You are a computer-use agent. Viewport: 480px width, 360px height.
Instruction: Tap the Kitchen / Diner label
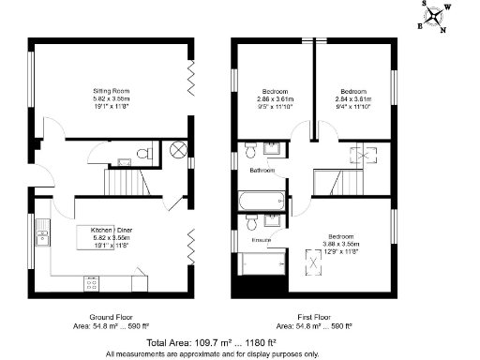[112, 230]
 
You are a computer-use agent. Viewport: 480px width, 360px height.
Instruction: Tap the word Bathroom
[262, 172]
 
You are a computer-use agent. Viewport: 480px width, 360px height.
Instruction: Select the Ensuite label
[262, 241]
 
